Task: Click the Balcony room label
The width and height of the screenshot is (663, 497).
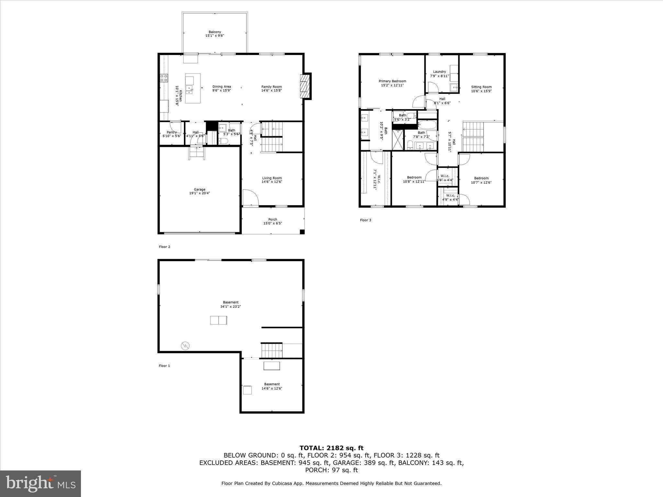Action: tap(215, 32)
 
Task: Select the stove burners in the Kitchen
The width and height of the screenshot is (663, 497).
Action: tap(164, 78)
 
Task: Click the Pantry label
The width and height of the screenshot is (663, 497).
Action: tap(172, 132)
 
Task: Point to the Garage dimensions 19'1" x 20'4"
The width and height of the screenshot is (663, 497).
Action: tap(199, 193)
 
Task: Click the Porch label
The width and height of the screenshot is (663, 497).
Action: tap(273, 219)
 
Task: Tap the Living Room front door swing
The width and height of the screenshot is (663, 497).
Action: tap(250, 198)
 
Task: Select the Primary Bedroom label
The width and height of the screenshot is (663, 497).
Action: tap(392, 81)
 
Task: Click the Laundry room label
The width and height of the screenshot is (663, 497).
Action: tap(439, 72)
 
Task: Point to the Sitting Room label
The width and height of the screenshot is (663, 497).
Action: tap(481, 87)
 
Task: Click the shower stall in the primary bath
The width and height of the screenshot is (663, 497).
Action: tap(398, 140)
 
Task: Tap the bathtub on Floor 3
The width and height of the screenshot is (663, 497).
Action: tap(427, 125)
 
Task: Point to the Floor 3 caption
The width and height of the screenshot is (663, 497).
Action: tap(365, 220)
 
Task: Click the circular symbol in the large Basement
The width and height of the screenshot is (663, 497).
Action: tap(185, 346)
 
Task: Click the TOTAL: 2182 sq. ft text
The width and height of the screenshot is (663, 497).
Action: tap(331, 448)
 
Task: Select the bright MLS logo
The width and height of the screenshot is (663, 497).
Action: tap(40, 483)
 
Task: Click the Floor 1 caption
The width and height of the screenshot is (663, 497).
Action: tap(164, 366)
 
